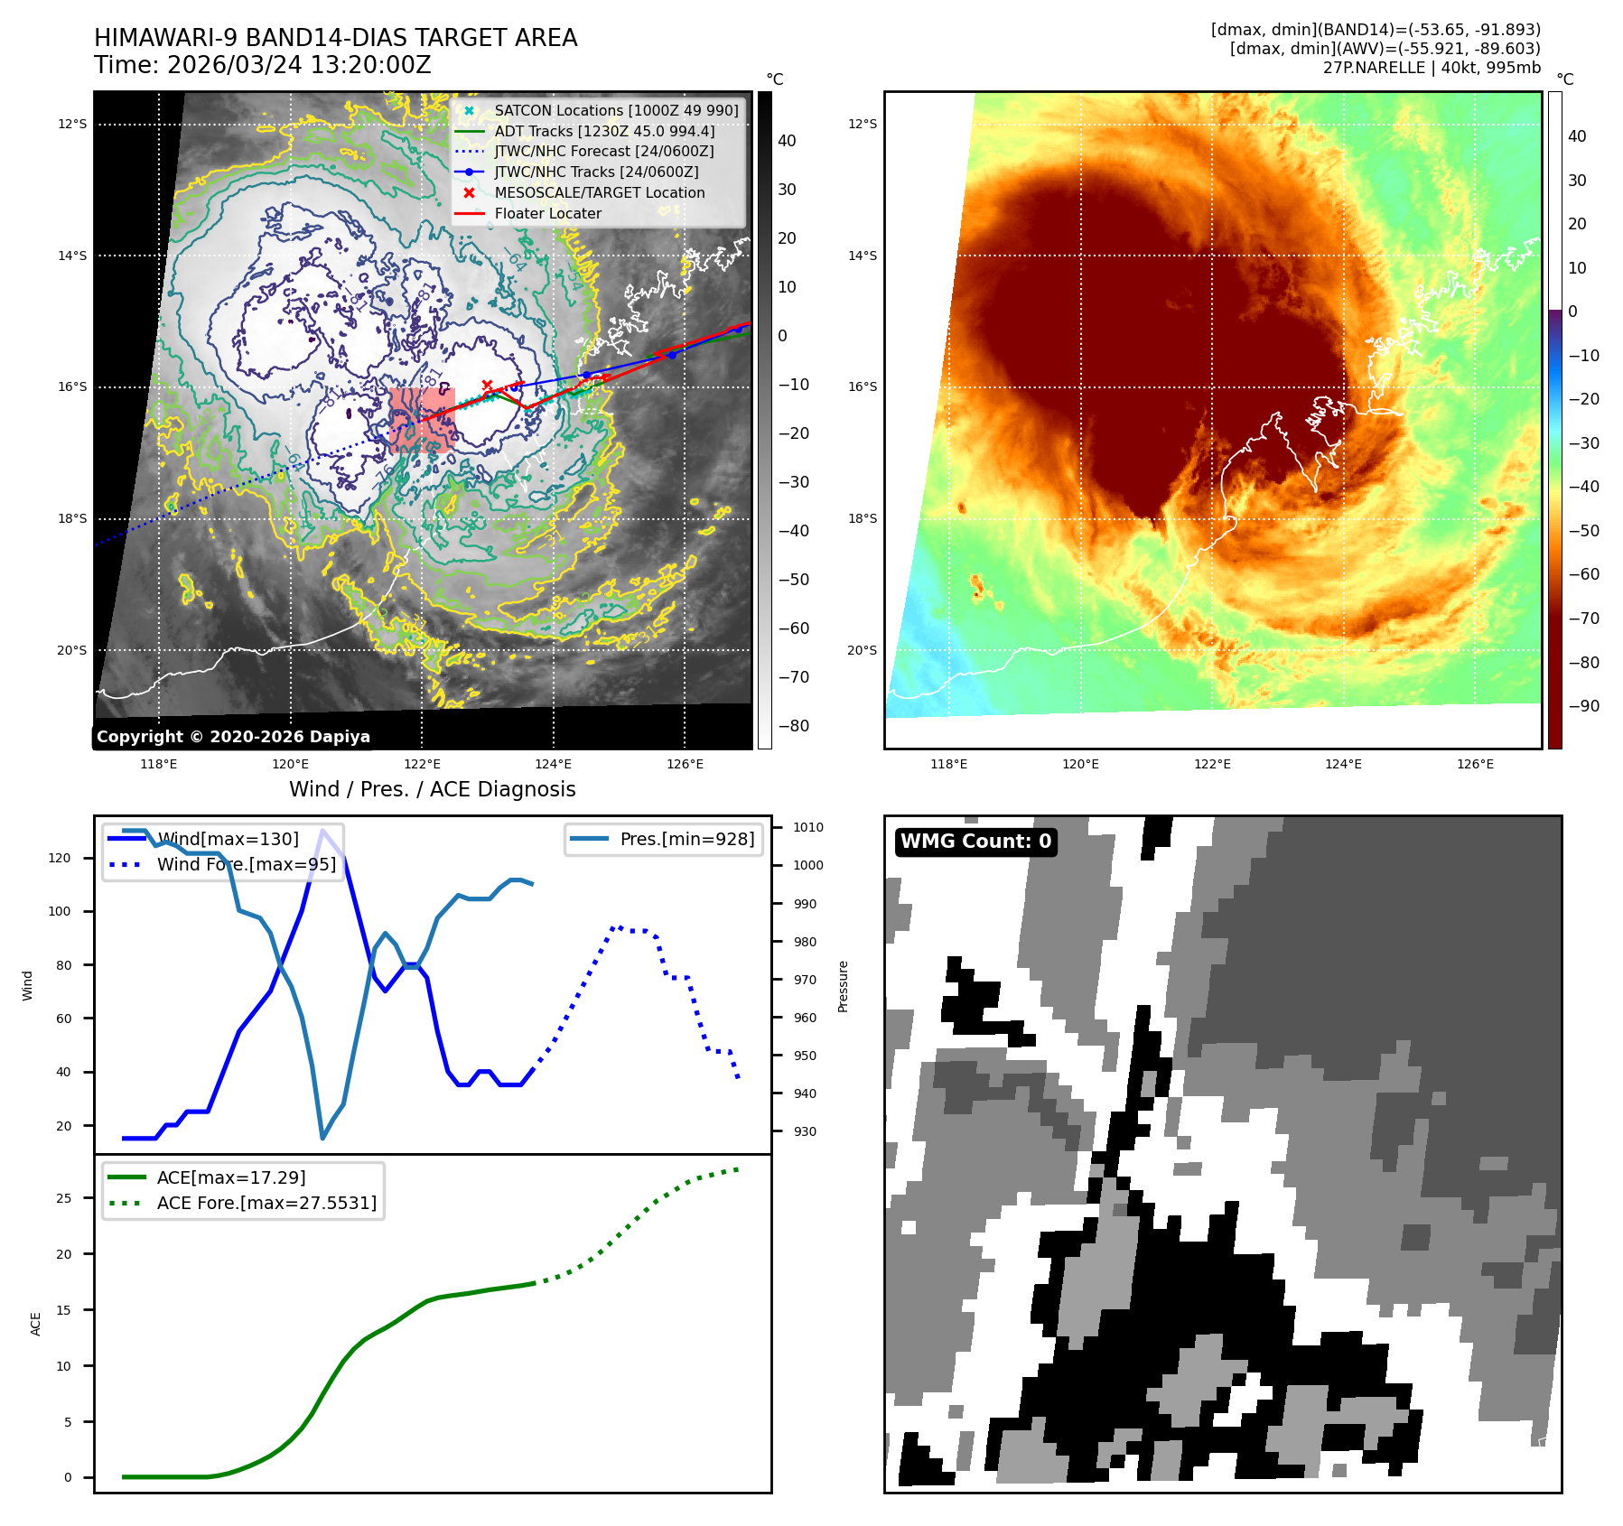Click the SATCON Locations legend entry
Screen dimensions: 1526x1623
coord(616,110)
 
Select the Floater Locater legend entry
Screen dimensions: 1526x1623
coord(547,213)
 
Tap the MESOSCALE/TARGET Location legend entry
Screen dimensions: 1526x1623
coord(599,192)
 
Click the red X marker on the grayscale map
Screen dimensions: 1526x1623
coord(487,386)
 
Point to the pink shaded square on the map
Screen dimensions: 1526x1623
coord(422,420)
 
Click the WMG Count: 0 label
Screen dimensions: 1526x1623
coord(975,842)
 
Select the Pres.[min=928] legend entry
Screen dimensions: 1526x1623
coord(686,839)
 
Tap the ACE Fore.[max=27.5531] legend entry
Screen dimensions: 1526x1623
coord(266,1203)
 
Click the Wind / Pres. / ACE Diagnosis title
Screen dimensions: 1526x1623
coord(432,789)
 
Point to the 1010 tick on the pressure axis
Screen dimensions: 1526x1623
coord(808,827)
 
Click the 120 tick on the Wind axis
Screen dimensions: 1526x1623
coord(60,858)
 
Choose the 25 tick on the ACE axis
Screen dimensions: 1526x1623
coord(63,1198)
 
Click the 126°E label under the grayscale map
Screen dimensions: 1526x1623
coord(685,764)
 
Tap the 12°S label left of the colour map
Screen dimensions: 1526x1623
coord(862,124)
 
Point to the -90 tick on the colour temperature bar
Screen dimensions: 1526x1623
coord(1584,706)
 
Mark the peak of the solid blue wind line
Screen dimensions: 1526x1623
coord(322,830)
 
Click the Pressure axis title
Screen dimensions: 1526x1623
coord(843,986)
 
